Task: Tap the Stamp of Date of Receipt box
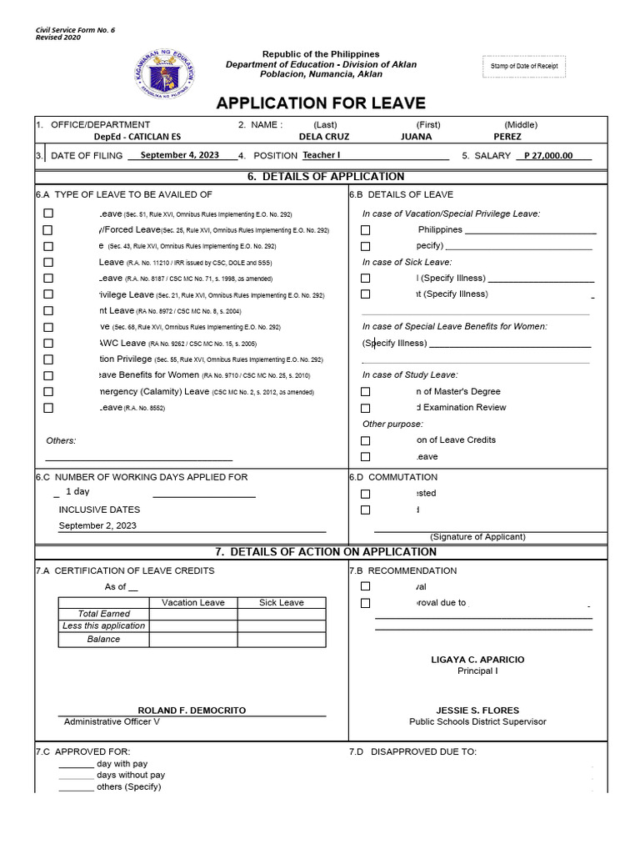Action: [523, 68]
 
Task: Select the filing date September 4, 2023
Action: [179, 155]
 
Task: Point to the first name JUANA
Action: [417, 137]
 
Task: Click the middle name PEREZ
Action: [507, 137]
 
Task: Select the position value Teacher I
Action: [322, 155]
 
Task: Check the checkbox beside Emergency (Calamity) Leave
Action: [47, 392]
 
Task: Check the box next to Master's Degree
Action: [365, 392]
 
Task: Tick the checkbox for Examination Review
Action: [365, 408]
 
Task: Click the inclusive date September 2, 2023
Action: [97, 525]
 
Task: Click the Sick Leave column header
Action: [281, 602]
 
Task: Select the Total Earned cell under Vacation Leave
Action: [192, 614]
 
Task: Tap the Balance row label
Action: [103, 640]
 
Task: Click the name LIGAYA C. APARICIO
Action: [477, 660]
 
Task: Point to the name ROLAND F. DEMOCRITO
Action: [192, 711]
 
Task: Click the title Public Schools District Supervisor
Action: [477, 722]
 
